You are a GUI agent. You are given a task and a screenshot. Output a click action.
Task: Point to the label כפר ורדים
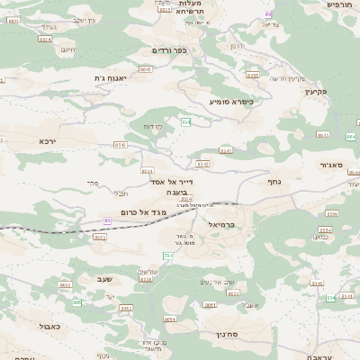pyautogui.click(x=168, y=50)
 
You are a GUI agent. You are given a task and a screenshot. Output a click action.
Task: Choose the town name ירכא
pyautogui.click(x=48, y=141)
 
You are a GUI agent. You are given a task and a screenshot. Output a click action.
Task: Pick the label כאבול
pyautogui.click(x=49, y=326)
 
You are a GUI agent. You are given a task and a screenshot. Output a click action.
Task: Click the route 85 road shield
pyautogui.click(x=107, y=220)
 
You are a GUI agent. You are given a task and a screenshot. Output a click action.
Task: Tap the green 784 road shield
pyautogui.click(x=167, y=256)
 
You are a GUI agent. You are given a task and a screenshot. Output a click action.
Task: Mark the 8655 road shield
pyautogui.click(x=252, y=76)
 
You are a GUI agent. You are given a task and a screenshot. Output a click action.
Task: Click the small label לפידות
pyautogui.click(x=152, y=127)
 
